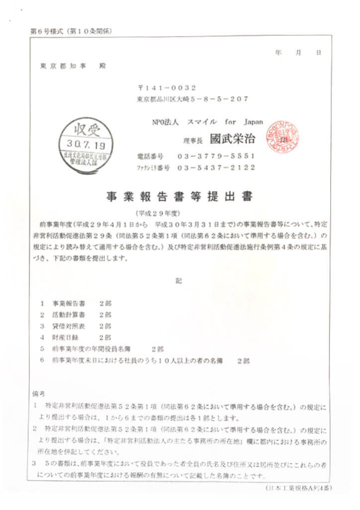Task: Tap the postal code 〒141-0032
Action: point(164,88)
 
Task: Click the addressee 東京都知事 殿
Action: point(73,65)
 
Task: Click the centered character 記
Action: point(179,280)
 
